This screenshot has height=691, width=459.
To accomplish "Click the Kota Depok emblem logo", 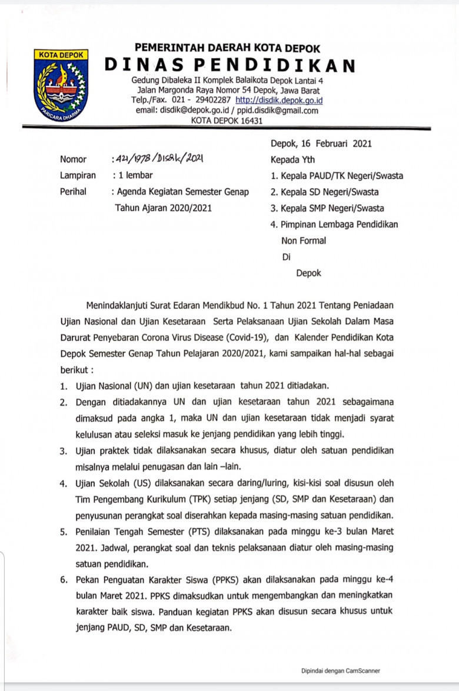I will point(61,83).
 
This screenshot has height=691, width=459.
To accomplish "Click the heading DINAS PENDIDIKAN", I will point(230,65).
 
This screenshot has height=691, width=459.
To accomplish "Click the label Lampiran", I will point(78,175).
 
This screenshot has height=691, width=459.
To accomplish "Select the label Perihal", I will point(73,192).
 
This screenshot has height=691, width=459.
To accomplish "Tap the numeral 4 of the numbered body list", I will point(62,483).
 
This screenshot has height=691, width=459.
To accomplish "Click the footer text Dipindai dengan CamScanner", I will point(341,670).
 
